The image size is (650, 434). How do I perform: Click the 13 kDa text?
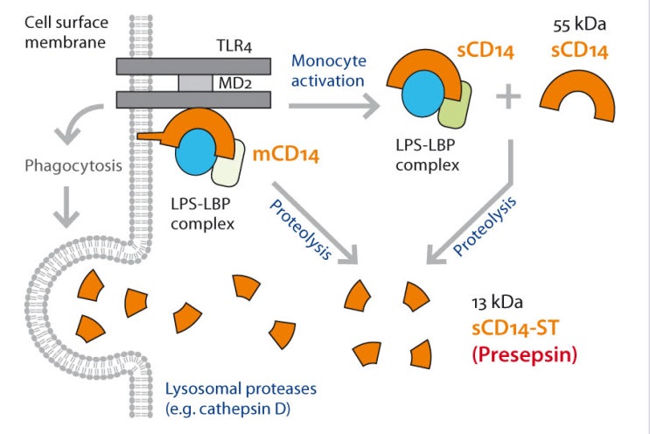click(x=497, y=304)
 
